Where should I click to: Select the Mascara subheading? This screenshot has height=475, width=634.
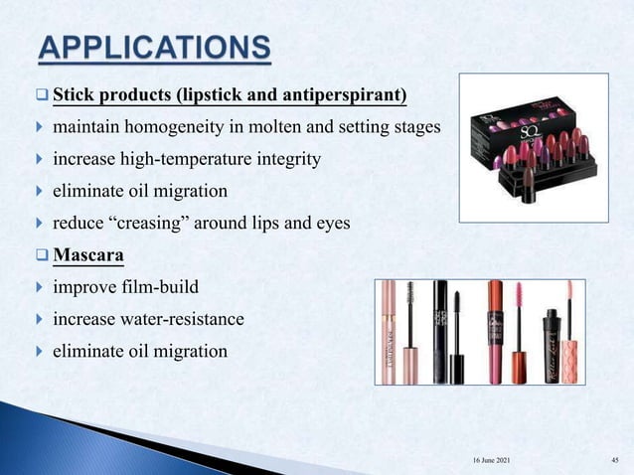click(88, 255)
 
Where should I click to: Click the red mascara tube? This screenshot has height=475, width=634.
click(496, 338)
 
